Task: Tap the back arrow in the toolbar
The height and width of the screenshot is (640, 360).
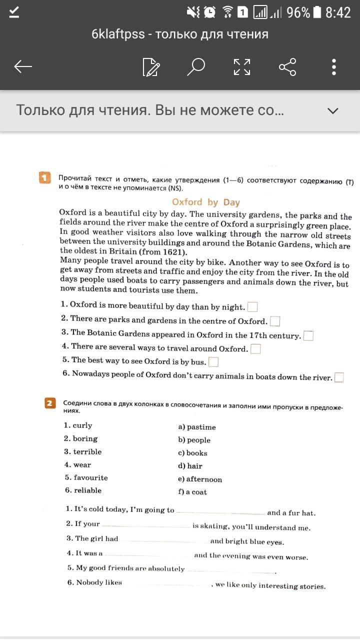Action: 23,66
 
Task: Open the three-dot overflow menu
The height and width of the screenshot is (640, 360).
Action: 334,66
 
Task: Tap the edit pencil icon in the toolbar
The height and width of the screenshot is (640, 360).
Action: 151,67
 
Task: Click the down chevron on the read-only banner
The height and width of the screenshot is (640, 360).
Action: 332,110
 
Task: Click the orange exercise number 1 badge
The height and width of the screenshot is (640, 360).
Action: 45,177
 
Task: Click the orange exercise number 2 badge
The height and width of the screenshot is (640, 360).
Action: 50,403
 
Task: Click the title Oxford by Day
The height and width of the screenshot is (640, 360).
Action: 205,202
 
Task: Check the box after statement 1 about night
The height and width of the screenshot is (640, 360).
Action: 252,306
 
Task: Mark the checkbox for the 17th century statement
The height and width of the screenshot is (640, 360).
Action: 308,335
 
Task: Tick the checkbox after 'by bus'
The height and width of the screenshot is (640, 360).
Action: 213,361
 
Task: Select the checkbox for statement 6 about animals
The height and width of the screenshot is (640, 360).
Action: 339,377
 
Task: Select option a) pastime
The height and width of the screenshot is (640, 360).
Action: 197,427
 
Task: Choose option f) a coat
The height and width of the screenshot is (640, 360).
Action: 192,492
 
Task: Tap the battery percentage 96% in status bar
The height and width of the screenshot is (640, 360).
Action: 298,12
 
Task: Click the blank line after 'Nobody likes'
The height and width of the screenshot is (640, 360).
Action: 166,584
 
